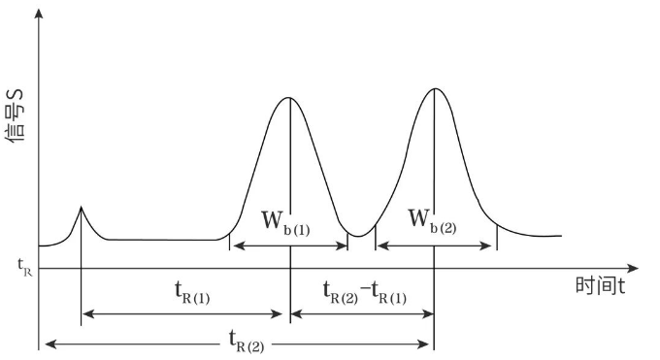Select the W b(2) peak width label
pos(431,220)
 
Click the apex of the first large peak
pos(289,98)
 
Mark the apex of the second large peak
pos(436,89)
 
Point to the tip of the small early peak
pos(81,207)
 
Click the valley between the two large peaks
pos(360,236)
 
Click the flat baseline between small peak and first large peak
pos(165,239)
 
